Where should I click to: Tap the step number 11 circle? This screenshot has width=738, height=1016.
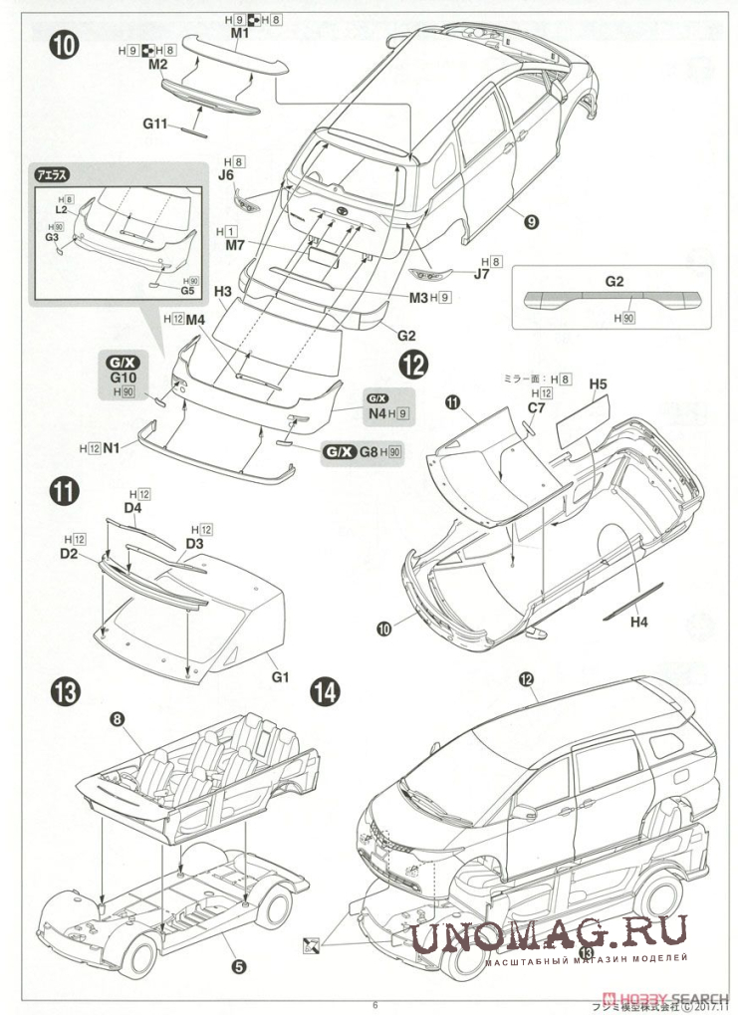point(65,489)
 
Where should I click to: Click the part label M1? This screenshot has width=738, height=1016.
point(239,33)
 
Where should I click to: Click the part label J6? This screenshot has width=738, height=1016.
point(227,174)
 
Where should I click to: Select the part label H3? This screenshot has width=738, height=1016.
point(223,291)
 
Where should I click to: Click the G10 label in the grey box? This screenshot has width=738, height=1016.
point(123,379)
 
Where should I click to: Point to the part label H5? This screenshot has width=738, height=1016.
point(598,382)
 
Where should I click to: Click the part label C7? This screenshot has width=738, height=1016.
point(537,406)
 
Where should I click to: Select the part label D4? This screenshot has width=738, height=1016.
point(133,508)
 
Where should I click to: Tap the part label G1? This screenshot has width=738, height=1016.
point(279,678)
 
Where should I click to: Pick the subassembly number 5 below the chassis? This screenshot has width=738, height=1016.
point(239,964)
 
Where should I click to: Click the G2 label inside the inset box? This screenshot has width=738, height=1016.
point(615,282)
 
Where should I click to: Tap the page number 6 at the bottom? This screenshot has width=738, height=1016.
point(374,1004)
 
